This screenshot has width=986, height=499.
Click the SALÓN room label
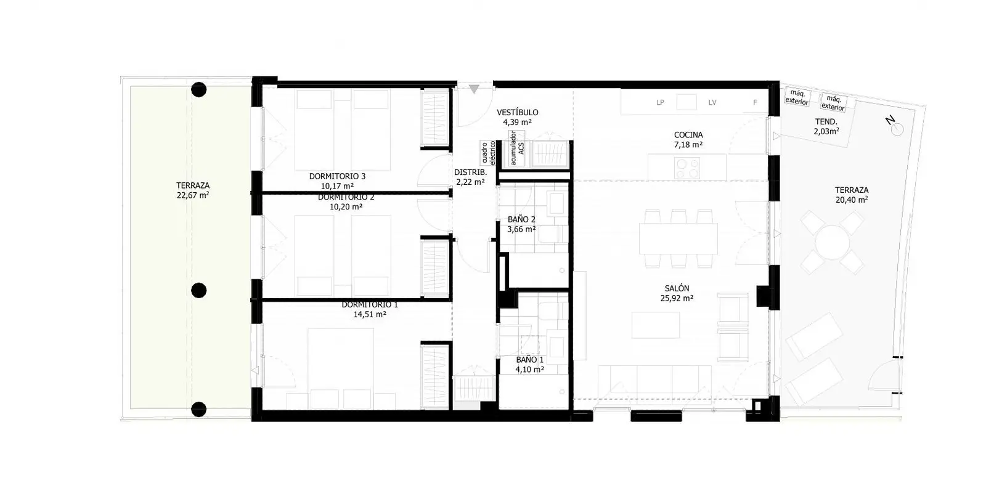[x=677, y=288]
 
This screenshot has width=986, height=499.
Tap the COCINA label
[x=688, y=135]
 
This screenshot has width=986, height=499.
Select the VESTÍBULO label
[x=517, y=112]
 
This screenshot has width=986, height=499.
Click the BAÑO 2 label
[x=521, y=219]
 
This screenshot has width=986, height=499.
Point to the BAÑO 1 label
[x=529, y=360]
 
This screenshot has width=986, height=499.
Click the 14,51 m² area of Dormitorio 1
[x=370, y=314]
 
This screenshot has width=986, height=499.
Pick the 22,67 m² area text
[x=193, y=195]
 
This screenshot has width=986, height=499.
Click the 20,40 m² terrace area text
[x=852, y=200]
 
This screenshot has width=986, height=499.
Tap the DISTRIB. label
[x=471, y=172]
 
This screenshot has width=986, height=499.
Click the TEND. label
[x=826, y=121]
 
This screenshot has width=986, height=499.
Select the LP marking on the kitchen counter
[x=660, y=102]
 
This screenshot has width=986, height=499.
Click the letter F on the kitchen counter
[x=755, y=102]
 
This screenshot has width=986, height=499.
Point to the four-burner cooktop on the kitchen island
[x=687, y=168]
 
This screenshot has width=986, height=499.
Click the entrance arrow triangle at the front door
[x=474, y=89]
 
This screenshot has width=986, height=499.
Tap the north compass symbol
[x=894, y=125]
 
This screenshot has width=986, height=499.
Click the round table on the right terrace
[x=832, y=242]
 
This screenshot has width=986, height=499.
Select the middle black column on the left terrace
[x=199, y=290]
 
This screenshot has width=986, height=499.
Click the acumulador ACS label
[x=517, y=148]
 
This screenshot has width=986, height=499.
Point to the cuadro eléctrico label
[x=488, y=153]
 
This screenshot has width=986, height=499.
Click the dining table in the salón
[x=678, y=238]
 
